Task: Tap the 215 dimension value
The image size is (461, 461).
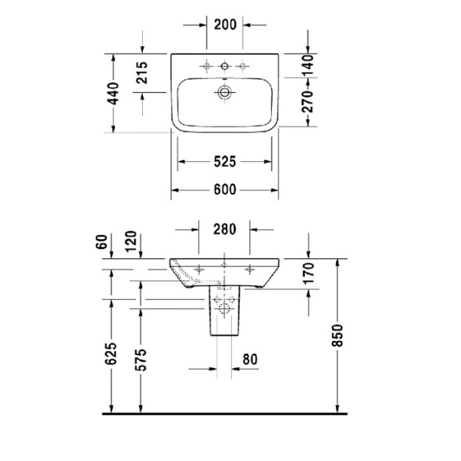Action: click(141, 73)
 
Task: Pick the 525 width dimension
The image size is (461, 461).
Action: click(224, 162)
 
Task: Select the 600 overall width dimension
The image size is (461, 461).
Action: click(224, 190)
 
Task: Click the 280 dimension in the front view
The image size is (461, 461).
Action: click(224, 228)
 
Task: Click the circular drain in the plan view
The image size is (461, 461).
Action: click(224, 93)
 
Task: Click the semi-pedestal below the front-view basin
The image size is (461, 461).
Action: click(223, 315)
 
